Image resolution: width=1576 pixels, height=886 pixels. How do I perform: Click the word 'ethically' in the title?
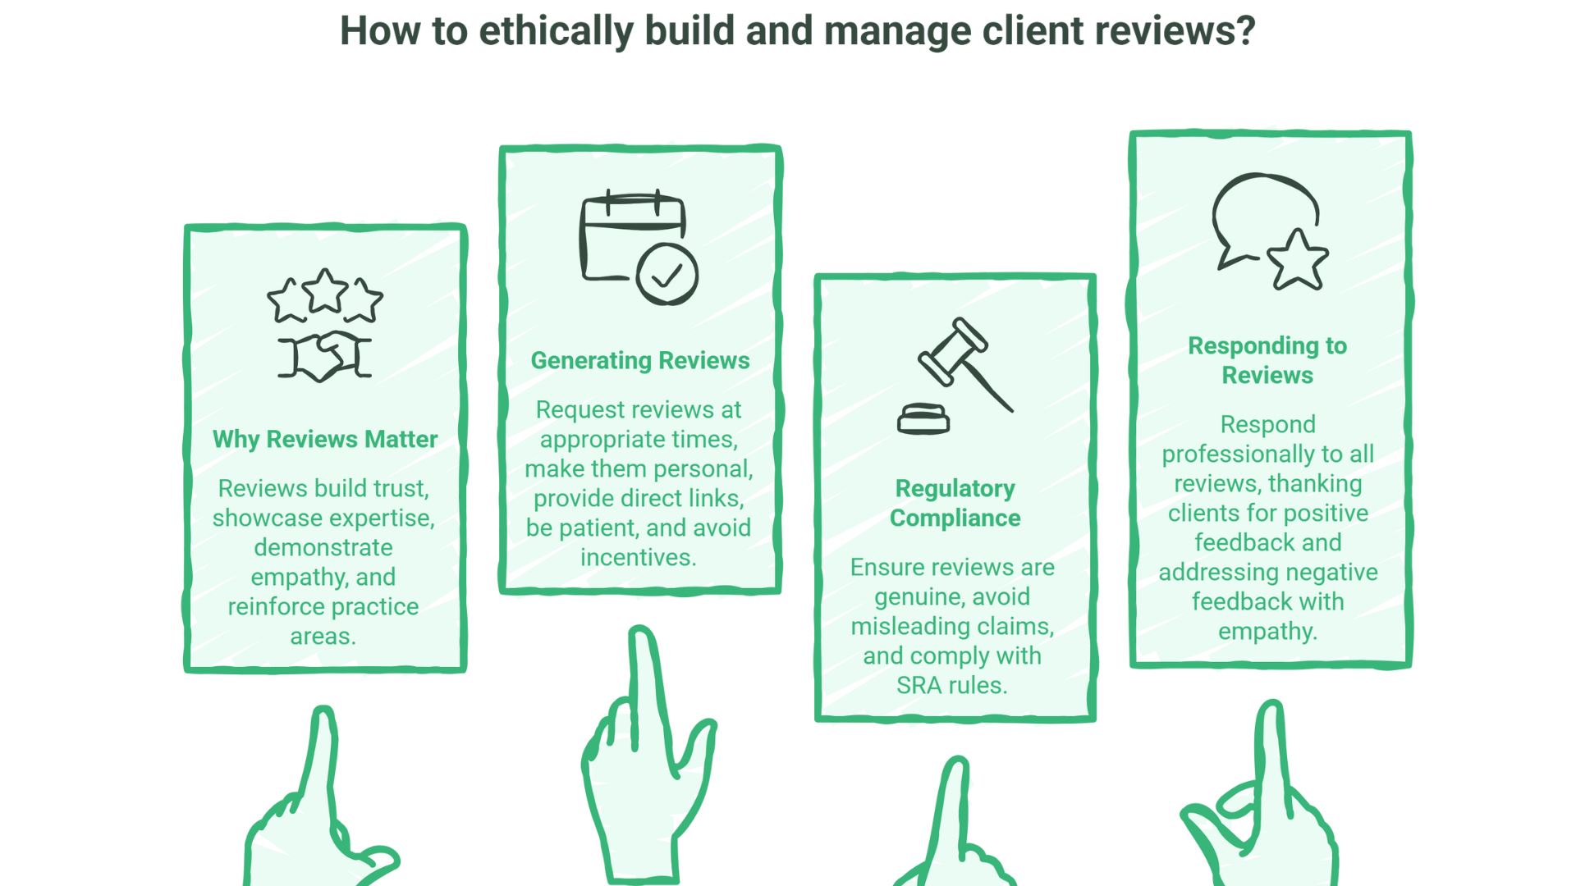(x=556, y=31)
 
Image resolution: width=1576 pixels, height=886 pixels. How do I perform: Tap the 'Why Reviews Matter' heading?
(x=325, y=440)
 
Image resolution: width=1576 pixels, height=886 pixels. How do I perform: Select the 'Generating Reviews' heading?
(x=640, y=361)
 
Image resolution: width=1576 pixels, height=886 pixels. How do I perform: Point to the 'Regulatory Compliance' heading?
(x=955, y=504)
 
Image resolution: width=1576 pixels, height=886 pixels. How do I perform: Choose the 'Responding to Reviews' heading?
(x=1267, y=361)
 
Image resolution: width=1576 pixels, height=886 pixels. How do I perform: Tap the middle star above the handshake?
(x=325, y=290)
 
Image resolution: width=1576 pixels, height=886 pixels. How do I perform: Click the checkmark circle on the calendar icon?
(x=667, y=275)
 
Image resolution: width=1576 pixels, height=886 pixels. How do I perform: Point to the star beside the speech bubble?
(x=1297, y=261)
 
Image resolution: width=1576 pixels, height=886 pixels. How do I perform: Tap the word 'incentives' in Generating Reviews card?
(x=638, y=558)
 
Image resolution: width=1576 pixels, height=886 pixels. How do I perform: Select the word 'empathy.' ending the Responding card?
(x=1267, y=632)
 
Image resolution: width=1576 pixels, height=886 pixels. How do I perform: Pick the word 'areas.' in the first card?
(x=323, y=637)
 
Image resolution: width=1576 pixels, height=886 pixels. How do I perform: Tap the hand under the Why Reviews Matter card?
(x=316, y=812)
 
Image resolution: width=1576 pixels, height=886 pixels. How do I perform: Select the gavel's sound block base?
(x=923, y=419)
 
